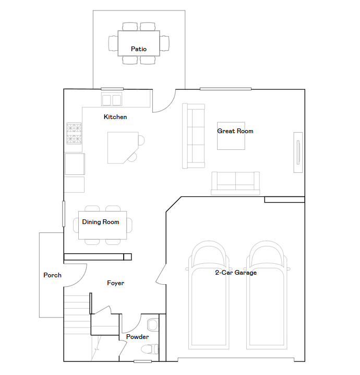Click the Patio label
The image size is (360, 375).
pos(139,49)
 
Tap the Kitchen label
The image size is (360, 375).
pos(115,117)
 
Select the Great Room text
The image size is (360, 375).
pos(235,131)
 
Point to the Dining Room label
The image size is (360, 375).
pos(101,222)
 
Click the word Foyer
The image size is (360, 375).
pos(116,283)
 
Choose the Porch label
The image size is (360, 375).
pos(52,275)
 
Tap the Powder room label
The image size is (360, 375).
pos(137,337)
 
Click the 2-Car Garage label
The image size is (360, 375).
pos(236,273)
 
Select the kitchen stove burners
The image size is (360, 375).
pos(74,134)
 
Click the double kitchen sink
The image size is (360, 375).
pos(112,99)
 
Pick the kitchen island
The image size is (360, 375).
pos(123,148)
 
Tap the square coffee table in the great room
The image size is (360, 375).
pos(231,136)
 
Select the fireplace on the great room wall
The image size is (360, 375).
pos(298,153)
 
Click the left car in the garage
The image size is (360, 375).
pos(209,295)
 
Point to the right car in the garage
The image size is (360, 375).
pos(267,295)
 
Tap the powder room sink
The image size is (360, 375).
pos(153,325)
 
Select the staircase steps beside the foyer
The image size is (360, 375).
pos(77,315)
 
